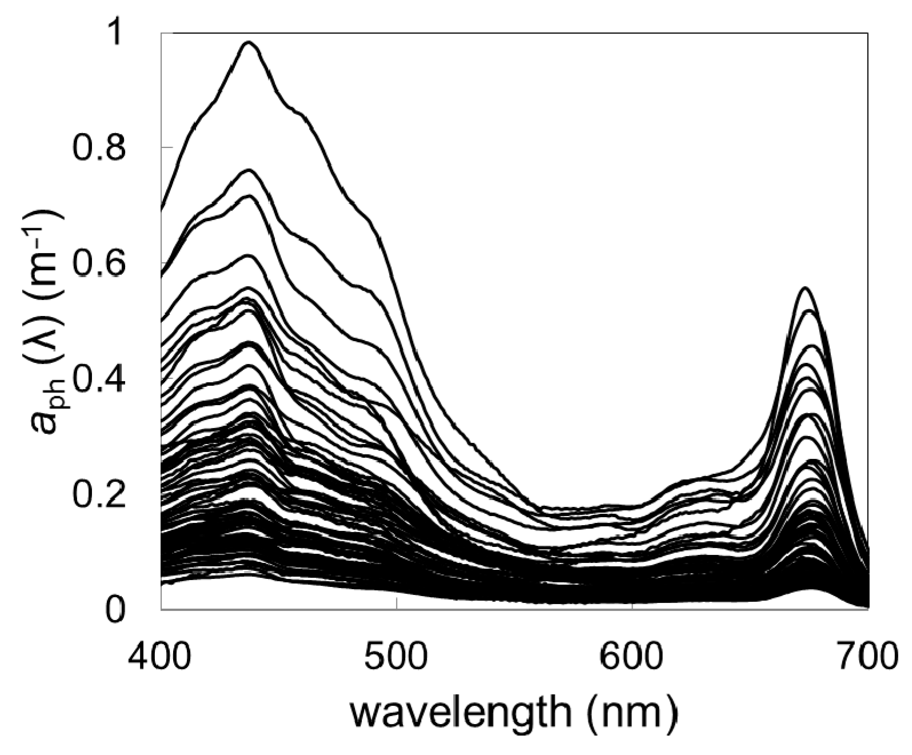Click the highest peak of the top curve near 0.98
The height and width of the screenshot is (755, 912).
click(x=249, y=42)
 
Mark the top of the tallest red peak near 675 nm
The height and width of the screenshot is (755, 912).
click(x=805, y=288)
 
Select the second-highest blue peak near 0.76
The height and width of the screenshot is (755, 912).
click(x=249, y=170)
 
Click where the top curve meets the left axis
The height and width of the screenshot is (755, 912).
click(x=162, y=210)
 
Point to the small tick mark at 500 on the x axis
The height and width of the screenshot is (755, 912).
click(x=397, y=605)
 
